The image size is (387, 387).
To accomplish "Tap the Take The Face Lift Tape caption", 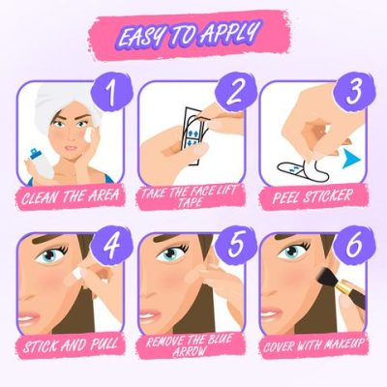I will (x=193, y=201).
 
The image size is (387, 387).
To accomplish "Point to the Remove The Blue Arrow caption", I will (x=193, y=345).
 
